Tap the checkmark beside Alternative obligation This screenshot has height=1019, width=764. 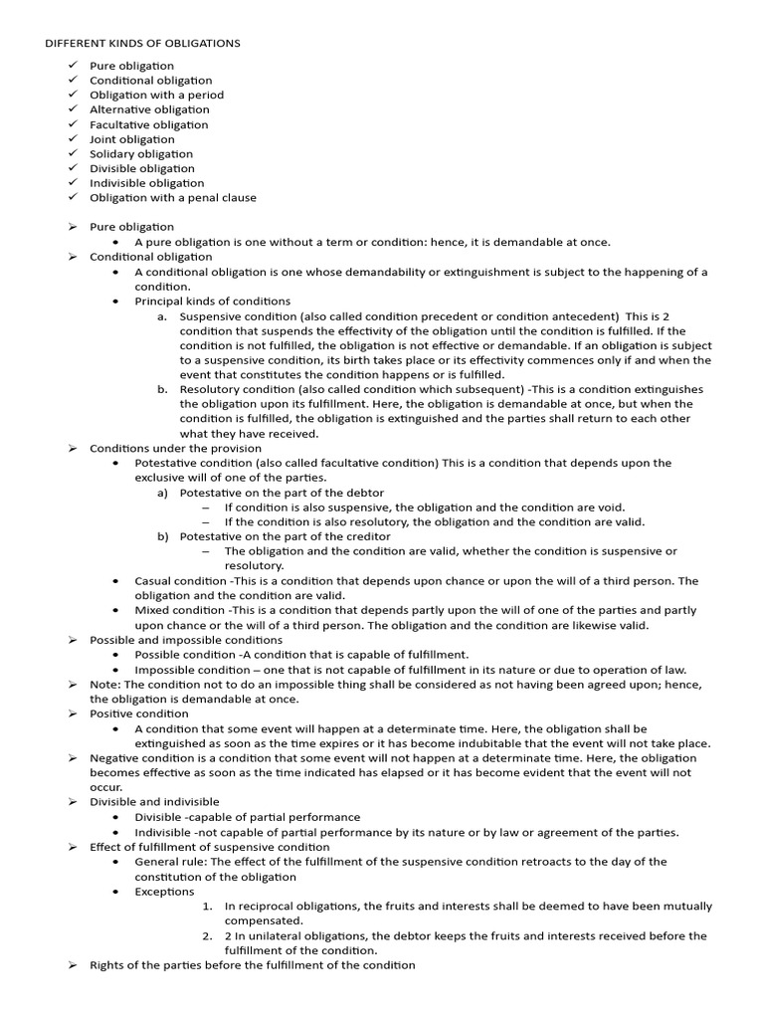tap(74, 109)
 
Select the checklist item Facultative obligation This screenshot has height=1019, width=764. tap(149, 124)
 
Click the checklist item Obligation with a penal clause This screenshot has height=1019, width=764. tap(173, 197)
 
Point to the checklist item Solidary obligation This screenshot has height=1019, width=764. tap(141, 154)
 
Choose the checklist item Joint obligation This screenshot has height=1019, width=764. tap(132, 139)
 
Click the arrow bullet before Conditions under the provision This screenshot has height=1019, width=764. tap(73, 449)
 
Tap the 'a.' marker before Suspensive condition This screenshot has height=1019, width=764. tap(161, 316)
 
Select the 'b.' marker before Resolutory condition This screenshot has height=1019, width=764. tap(161, 390)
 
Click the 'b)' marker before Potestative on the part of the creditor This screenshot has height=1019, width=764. tap(162, 536)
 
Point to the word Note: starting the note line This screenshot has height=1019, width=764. tap(104, 685)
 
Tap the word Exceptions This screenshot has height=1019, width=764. tap(165, 892)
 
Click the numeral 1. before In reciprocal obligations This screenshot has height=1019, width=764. tap(207, 907)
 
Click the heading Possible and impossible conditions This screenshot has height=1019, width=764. tap(186, 640)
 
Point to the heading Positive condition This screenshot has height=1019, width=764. tap(139, 713)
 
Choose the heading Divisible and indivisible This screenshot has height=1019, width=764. tap(154, 802)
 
